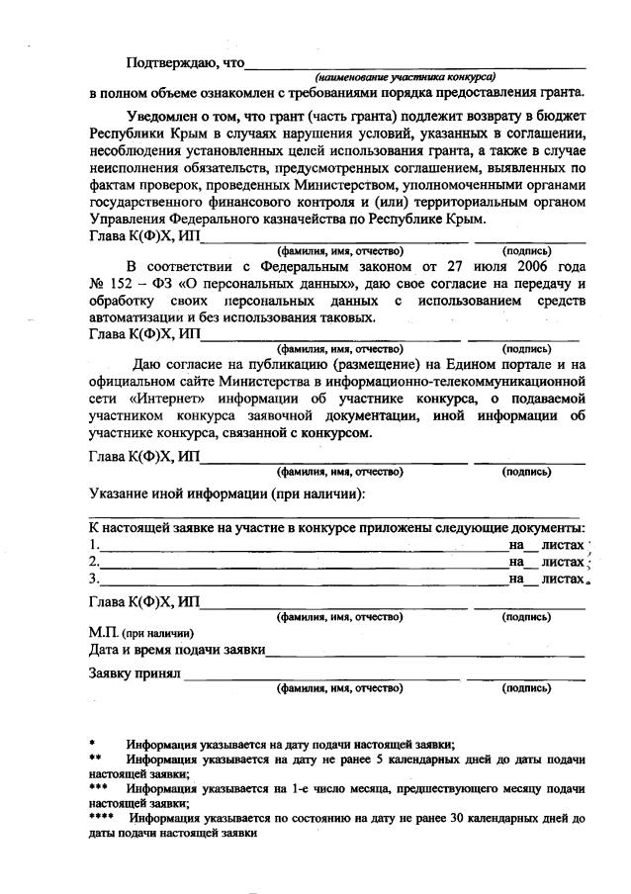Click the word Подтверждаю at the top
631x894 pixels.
point(174,63)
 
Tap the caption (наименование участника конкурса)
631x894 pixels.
point(405,77)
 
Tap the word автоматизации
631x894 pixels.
point(135,318)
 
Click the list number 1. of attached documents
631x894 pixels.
point(94,545)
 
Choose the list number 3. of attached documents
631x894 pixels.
point(94,579)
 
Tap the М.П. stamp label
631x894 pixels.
point(104,633)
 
